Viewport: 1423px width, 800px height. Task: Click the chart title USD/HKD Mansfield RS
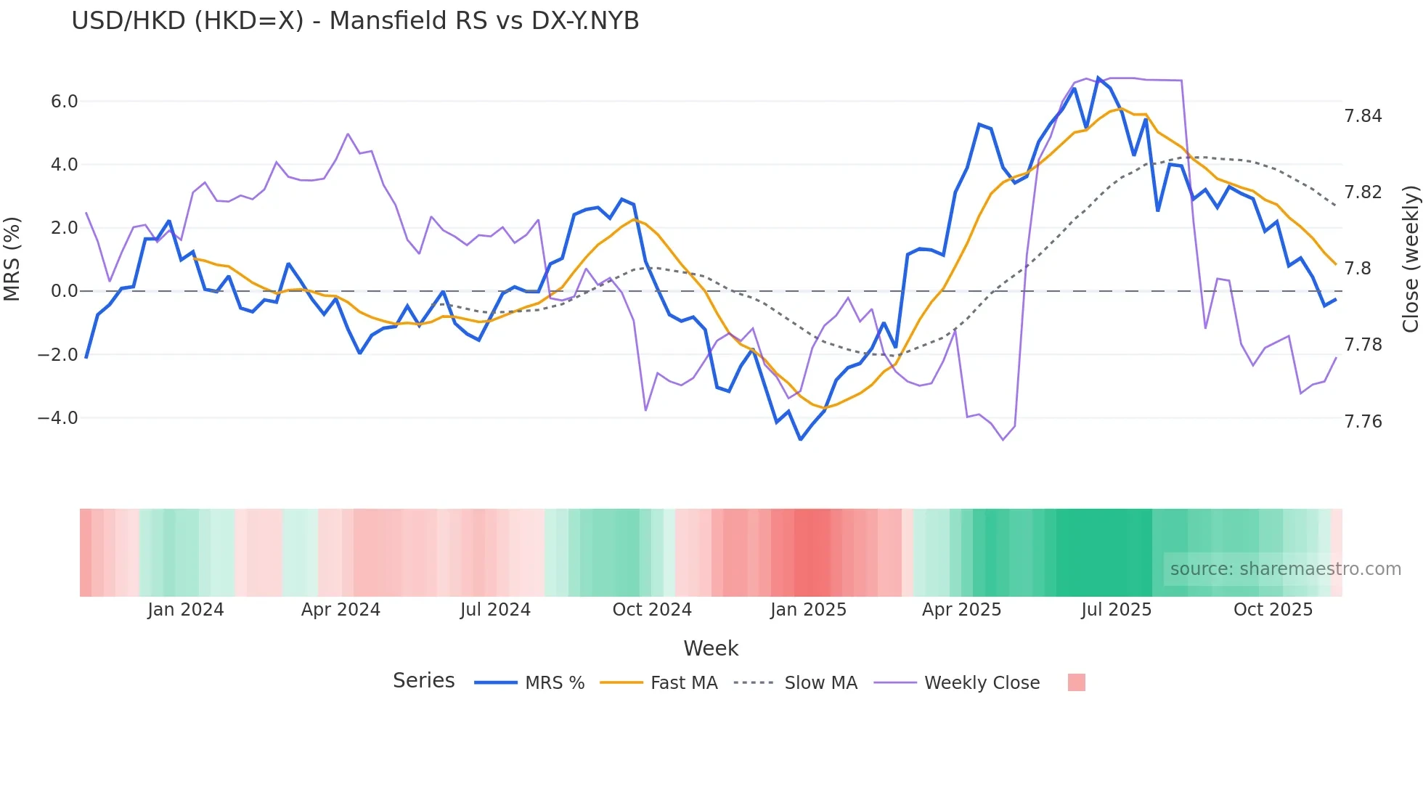pyautogui.click(x=355, y=21)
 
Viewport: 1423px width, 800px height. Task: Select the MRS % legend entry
pyautogui.click(x=530, y=683)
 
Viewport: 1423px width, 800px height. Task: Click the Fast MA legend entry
pyautogui.click(x=659, y=683)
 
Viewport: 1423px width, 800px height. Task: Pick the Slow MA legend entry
pyautogui.click(x=796, y=683)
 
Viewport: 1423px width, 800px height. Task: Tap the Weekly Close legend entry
pyautogui.click(x=957, y=683)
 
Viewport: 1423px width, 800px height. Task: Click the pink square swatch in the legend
pyautogui.click(x=1077, y=682)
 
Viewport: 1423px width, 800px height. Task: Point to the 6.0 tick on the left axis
pyautogui.click(x=64, y=102)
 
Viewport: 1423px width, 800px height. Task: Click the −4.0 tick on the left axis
pyautogui.click(x=58, y=418)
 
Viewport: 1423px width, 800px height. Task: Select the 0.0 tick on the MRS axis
pyautogui.click(x=64, y=291)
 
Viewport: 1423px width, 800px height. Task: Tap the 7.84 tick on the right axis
pyautogui.click(x=1363, y=116)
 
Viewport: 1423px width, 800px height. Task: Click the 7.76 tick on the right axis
pyautogui.click(x=1363, y=422)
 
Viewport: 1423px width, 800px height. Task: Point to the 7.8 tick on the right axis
pyautogui.click(x=1358, y=269)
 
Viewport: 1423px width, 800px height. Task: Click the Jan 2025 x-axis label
pyautogui.click(x=808, y=610)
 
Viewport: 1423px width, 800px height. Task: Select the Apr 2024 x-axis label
pyautogui.click(x=341, y=610)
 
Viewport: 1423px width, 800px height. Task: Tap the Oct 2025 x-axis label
pyautogui.click(x=1273, y=610)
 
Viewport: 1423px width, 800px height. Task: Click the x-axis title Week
pyautogui.click(x=711, y=648)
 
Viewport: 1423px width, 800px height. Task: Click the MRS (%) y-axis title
pyautogui.click(x=12, y=259)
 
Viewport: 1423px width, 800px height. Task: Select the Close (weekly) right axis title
pyautogui.click(x=1410, y=259)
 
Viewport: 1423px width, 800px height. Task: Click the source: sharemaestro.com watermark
pyautogui.click(x=1285, y=569)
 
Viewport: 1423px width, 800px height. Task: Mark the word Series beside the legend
pyautogui.click(x=423, y=681)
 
